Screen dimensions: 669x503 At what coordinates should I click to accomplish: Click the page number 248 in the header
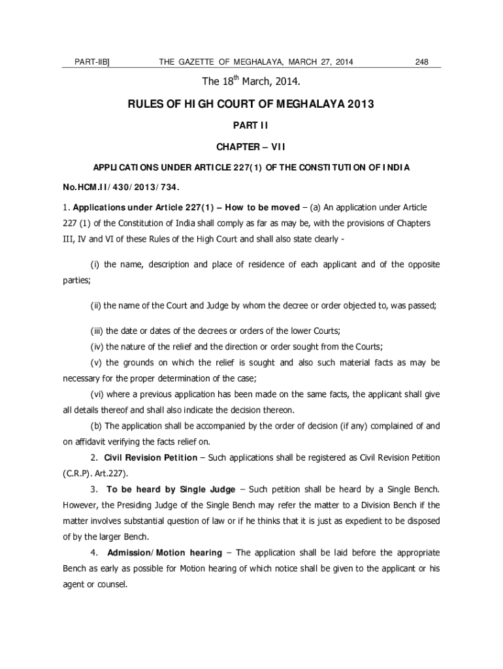pyautogui.click(x=421, y=62)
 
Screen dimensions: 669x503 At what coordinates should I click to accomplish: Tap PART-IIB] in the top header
pyautogui.click(x=92, y=62)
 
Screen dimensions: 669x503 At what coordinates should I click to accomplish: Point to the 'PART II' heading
pyautogui.click(x=251, y=125)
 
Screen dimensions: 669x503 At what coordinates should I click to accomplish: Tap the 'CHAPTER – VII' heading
pyautogui.click(x=251, y=146)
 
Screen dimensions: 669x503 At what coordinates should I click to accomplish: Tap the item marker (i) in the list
pyautogui.click(x=94, y=265)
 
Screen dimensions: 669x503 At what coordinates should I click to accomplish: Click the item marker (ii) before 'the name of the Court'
pyautogui.click(x=95, y=305)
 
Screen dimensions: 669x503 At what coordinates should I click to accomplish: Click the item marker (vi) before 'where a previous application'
pyautogui.click(x=97, y=394)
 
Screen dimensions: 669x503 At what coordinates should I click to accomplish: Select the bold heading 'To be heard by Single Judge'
pyautogui.click(x=171, y=489)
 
